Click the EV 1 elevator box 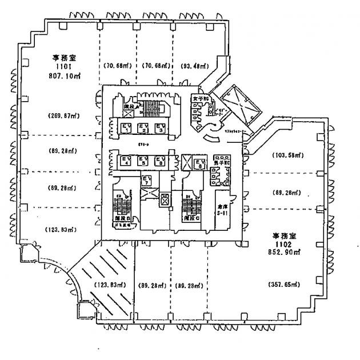point(125,127)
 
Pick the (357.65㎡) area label point(284,284)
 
